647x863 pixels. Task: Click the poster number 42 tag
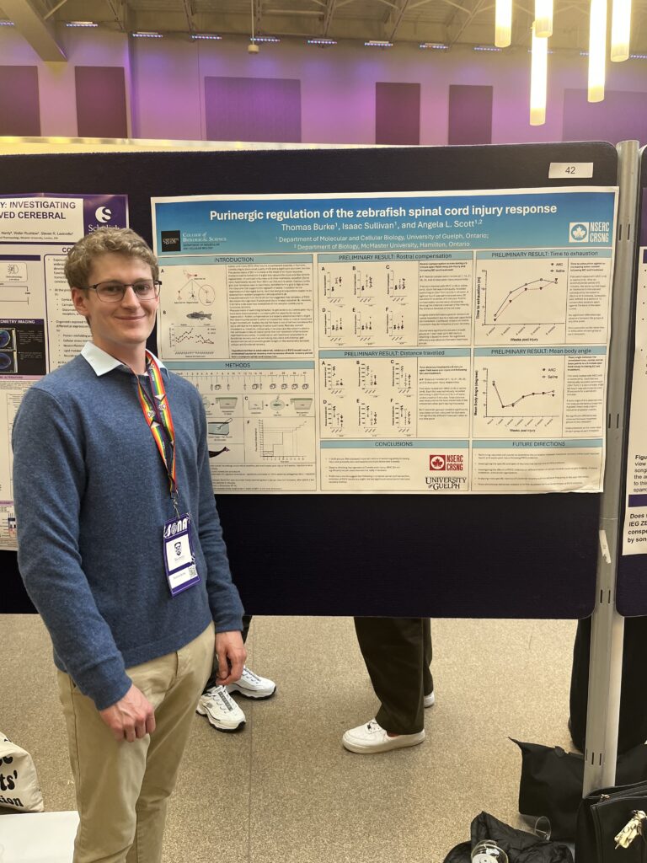click(x=570, y=169)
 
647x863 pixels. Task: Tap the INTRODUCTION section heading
click(x=233, y=260)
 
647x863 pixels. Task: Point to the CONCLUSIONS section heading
click(x=393, y=444)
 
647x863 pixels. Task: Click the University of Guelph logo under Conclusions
click(x=446, y=482)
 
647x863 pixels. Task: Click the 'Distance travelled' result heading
click(x=394, y=353)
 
